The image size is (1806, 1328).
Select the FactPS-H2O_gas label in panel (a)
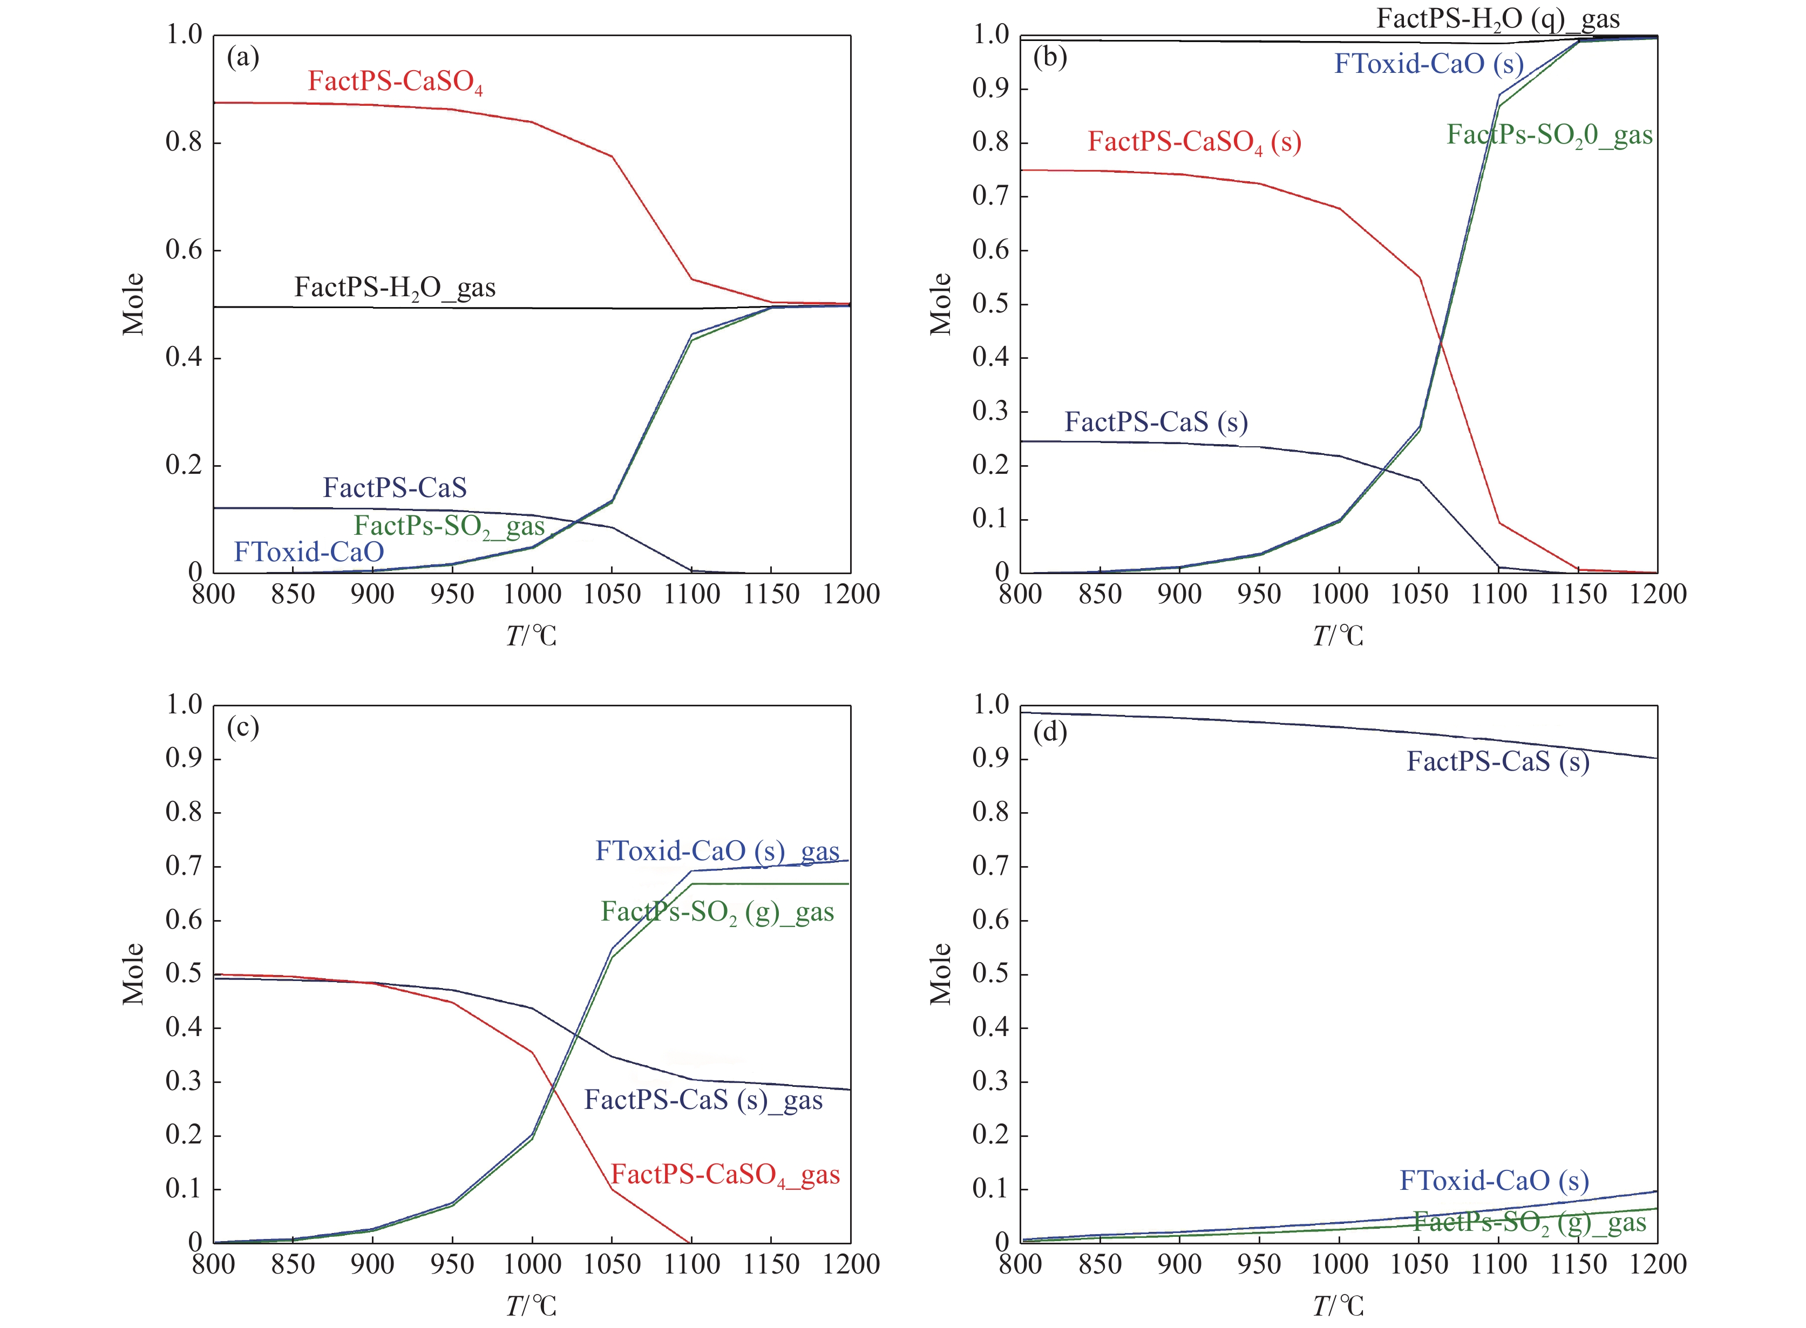point(395,288)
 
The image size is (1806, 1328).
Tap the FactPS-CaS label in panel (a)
point(395,488)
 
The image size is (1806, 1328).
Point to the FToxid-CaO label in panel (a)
point(309,552)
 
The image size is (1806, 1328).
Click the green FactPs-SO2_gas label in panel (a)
point(450,527)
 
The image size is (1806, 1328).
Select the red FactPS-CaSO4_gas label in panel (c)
point(725,1175)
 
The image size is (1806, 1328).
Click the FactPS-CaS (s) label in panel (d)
point(1497,762)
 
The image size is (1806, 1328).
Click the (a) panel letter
point(243,57)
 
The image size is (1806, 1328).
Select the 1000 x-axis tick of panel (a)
point(532,595)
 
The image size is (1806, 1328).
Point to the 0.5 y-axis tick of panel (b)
point(990,304)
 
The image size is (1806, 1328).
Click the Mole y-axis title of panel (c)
point(133,975)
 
